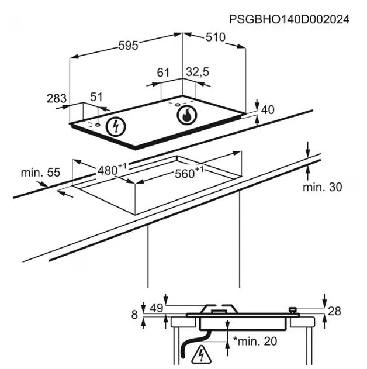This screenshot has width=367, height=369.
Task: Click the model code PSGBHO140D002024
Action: pos(289,19)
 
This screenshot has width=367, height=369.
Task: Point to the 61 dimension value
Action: pos(163,73)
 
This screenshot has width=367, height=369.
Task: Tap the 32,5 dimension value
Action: pos(198,73)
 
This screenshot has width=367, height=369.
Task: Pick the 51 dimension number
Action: pos(96,97)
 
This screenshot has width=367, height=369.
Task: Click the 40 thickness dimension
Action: pos(268,109)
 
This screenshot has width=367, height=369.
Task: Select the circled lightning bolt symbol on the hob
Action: pos(117,126)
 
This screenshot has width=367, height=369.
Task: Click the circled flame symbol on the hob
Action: pos(186,115)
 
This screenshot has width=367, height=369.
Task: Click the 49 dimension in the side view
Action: pos(155,308)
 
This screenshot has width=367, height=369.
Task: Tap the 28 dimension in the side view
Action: pos(334,311)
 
